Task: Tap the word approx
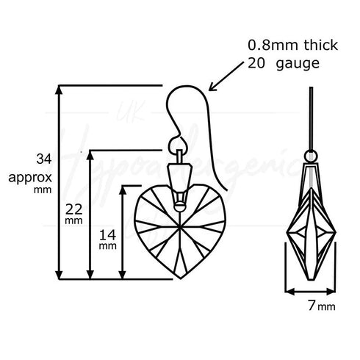pos(27,177)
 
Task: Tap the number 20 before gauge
pos(256,64)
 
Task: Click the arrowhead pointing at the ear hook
pos(214,89)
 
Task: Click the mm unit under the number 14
pos(108,247)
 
